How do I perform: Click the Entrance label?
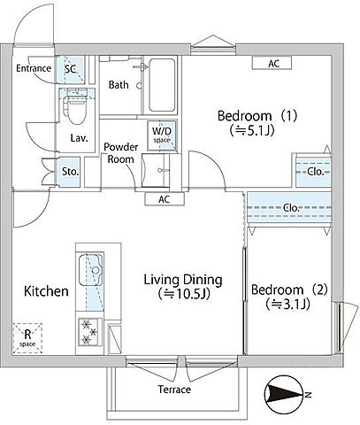[x=34, y=68]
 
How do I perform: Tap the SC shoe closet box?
[x=71, y=69]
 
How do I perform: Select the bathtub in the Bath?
[x=162, y=85]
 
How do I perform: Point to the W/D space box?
[x=162, y=135]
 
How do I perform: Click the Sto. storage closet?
[x=69, y=172]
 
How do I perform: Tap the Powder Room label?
[x=121, y=153]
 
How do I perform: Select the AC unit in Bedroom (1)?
[x=272, y=63]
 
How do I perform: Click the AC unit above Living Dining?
[x=165, y=199]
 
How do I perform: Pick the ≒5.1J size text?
[x=252, y=130]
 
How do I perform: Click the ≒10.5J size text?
[x=184, y=294]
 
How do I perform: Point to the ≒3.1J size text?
[x=287, y=304]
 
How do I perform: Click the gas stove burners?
[x=89, y=332]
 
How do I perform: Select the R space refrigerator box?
[x=27, y=338]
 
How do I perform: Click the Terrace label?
[x=174, y=390]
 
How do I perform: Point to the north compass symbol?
[x=284, y=394]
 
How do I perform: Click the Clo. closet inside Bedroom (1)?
[x=313, y=171]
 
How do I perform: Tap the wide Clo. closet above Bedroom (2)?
[x=289, y=208]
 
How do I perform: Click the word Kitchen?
[x=46, y=291]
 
